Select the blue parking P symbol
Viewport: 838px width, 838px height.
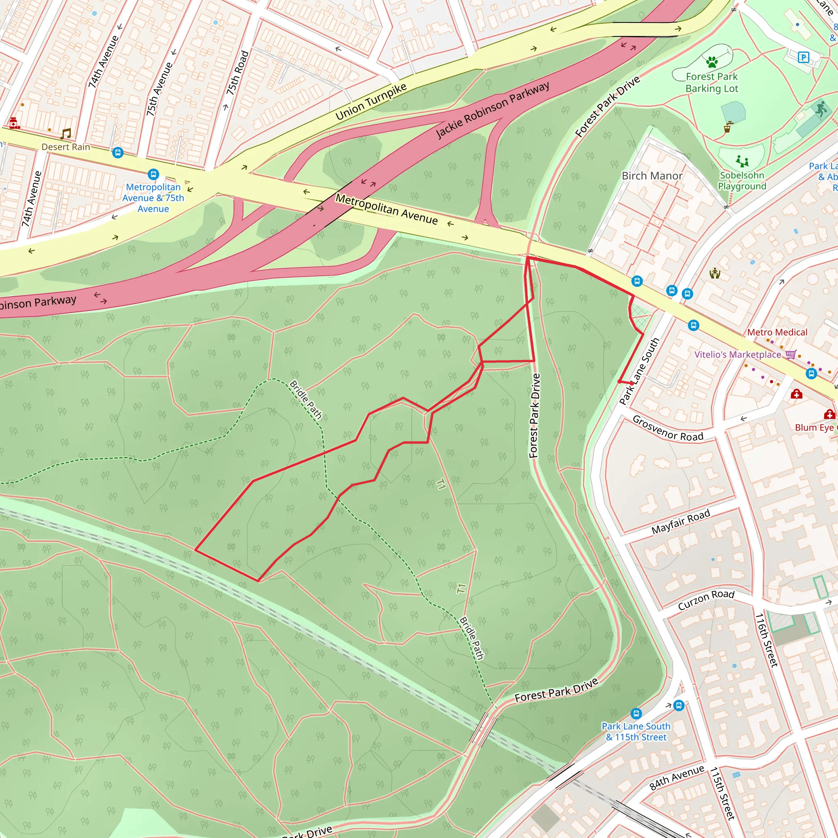(x=803, y=57)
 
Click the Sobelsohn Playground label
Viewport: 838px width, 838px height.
(x=742, y=180)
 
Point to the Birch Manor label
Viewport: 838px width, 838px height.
(x=652, y=176)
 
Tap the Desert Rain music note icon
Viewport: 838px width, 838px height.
(x=66, y=133)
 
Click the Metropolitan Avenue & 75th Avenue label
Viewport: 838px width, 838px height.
(x=153, y=198)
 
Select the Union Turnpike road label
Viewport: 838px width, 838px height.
(x=371, y=101)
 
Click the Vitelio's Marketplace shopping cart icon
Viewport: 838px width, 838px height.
(x=791, y=354)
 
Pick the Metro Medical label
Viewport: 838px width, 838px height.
(x=777, y=332)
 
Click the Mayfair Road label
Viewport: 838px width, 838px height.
(x=680, y=521)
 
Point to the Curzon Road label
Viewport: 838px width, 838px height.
(x=706, y=599)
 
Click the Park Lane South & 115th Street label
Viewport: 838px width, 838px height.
(x=636, y=731)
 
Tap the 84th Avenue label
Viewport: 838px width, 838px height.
(x=677, y=778)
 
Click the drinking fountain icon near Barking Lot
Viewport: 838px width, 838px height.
(x=728, y=127)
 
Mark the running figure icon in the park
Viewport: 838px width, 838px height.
(x=820, y=109)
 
